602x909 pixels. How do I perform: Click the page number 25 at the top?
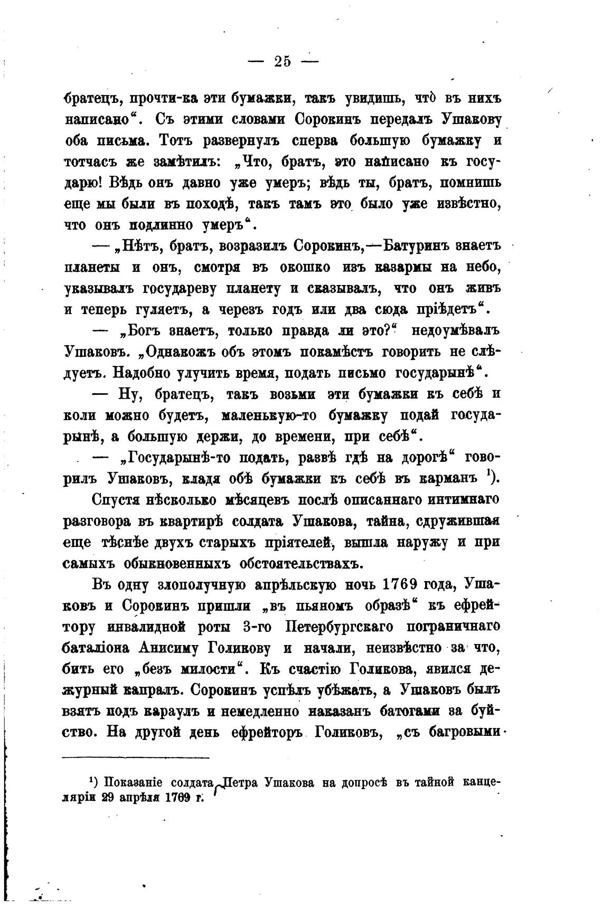pos(283,61)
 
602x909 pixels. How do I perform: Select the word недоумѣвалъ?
pos(455,331)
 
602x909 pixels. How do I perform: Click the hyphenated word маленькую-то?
pos(269,415)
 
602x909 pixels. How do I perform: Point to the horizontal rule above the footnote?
pos(136,758)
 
